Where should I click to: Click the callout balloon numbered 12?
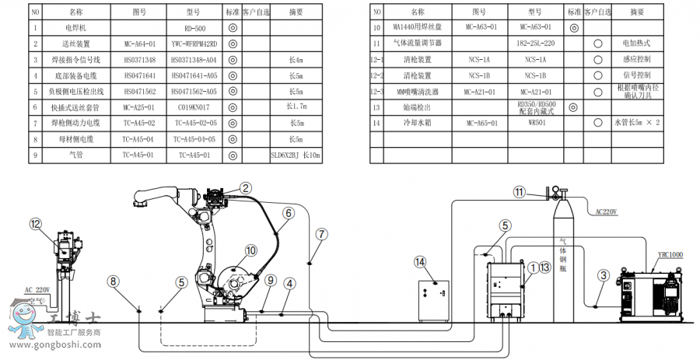coord(34,223)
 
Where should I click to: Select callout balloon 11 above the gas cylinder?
coord(520,191)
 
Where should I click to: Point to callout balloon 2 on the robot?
coord(245,187)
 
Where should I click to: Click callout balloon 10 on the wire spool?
coord(250,250)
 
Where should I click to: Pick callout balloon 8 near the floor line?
coord(114,281)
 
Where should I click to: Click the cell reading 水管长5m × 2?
coord(637,123)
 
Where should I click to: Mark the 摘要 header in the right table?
coord(637,12)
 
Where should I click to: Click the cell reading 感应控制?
coord(637,59)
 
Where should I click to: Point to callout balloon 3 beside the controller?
coord(604,274)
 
